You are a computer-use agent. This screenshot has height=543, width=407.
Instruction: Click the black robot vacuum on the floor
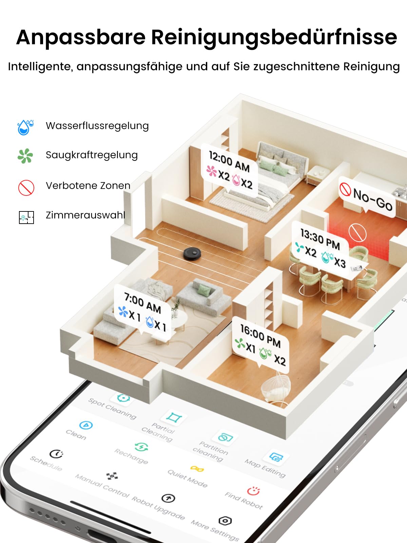pos(192,253)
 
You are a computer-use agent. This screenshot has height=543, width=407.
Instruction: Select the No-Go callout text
pos(372,199)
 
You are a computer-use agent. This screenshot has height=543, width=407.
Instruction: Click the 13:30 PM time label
pos(320,239)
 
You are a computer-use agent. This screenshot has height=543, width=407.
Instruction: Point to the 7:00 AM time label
pos(142,303)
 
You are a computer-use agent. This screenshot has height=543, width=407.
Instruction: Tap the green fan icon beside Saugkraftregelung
pos(25,156)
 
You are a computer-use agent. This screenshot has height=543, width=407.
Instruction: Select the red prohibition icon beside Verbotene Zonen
pos(26,188)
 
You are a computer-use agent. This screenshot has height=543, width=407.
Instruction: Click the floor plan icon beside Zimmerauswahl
pos(26,217)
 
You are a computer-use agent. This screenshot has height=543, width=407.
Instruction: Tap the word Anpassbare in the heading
pos(81,37)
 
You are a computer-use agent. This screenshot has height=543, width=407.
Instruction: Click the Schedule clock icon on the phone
pos(56,454)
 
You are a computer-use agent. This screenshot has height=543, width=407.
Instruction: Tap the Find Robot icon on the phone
pos(253,490)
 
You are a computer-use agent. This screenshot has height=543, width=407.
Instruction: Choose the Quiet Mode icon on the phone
pos(197,469)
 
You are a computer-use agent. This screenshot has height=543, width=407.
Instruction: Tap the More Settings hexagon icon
pos(225,521)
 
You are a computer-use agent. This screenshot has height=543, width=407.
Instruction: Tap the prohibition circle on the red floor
pos(357,232)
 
